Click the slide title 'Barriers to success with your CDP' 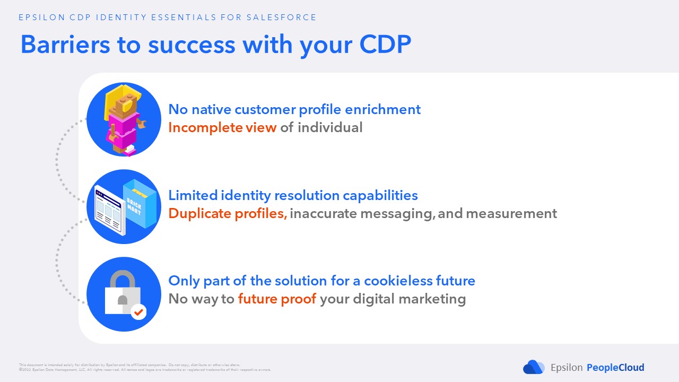click(215, 45)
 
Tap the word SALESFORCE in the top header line click(281, 18)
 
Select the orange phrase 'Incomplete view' click(222, 127)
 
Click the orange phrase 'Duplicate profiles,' click(228, 213)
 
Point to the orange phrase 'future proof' click(277, 299)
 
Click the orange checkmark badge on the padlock click(138, 312)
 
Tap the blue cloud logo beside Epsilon click(534, 367)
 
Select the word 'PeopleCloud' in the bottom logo click(615, 367)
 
